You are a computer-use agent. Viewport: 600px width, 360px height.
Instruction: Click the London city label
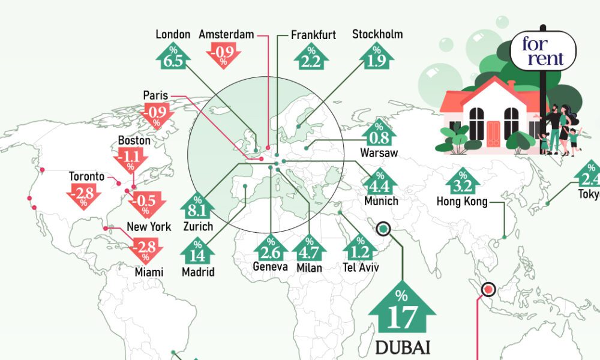[x=173, y=35]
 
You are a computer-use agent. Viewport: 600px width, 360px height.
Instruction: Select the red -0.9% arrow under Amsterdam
[x=223, y=56]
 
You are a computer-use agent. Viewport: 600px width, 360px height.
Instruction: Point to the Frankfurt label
[x=313, y=35]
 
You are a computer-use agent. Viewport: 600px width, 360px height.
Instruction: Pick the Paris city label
[x=155, y=95]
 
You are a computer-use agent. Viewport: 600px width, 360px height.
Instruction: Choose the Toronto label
[x=86, y=177]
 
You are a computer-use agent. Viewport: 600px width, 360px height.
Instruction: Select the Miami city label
[x=149, y=272]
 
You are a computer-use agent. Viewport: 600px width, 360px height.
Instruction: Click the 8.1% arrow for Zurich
[x=197, y=208]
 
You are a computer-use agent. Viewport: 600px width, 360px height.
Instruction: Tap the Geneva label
[x=270, y=266]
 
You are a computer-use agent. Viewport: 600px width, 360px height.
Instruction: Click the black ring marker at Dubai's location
[x=383, y=229]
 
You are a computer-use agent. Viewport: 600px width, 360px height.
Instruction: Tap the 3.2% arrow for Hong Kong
[x=462, y=181]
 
